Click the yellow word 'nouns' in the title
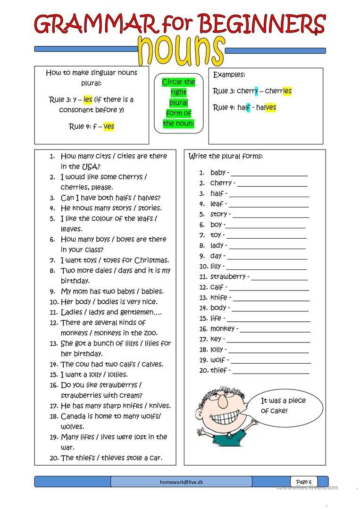[181, 50]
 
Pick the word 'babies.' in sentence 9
[152, 291]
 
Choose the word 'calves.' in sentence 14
[151, 364]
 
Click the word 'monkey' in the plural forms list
[222, 328]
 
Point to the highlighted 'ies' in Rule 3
[88, 100]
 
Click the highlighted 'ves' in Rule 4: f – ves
[109, 126]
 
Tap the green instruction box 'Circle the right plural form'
[178, 103]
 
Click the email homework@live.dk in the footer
[181, 482]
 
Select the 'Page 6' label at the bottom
[303, 482]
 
